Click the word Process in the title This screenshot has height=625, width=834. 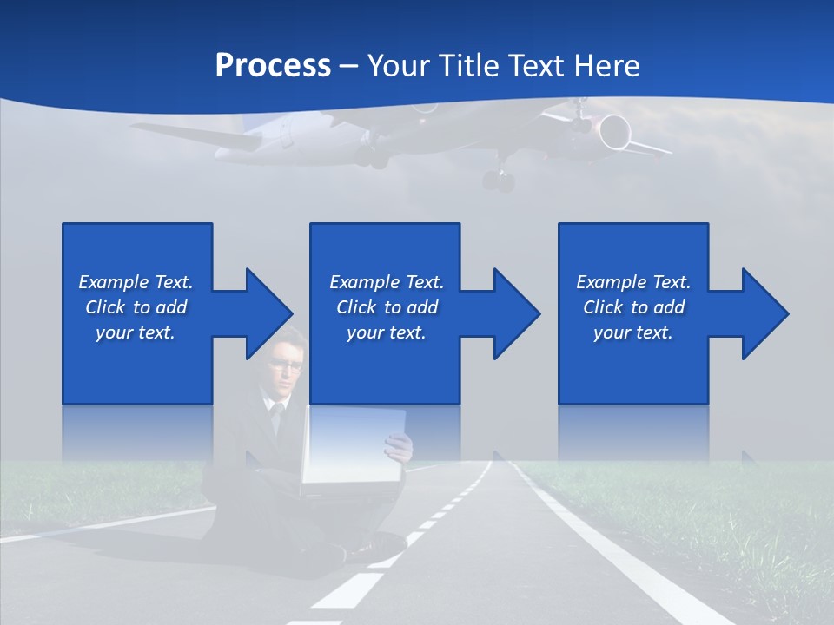[273, 66]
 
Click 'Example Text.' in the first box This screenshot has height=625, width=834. [136, 282]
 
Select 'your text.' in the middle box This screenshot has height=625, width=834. [386, 332]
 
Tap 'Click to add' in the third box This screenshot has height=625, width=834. [633, 307]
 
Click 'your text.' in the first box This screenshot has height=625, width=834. [136, 332]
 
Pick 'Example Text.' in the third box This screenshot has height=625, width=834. [633, 282]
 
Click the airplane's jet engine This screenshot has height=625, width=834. [613, 131]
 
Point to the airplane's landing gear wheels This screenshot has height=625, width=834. [499, 181]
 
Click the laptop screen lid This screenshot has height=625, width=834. [352, 447]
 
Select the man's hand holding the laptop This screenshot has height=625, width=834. [399, 447]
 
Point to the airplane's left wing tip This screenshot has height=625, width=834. [139, 128]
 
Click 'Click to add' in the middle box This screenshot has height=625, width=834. [386, 307]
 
